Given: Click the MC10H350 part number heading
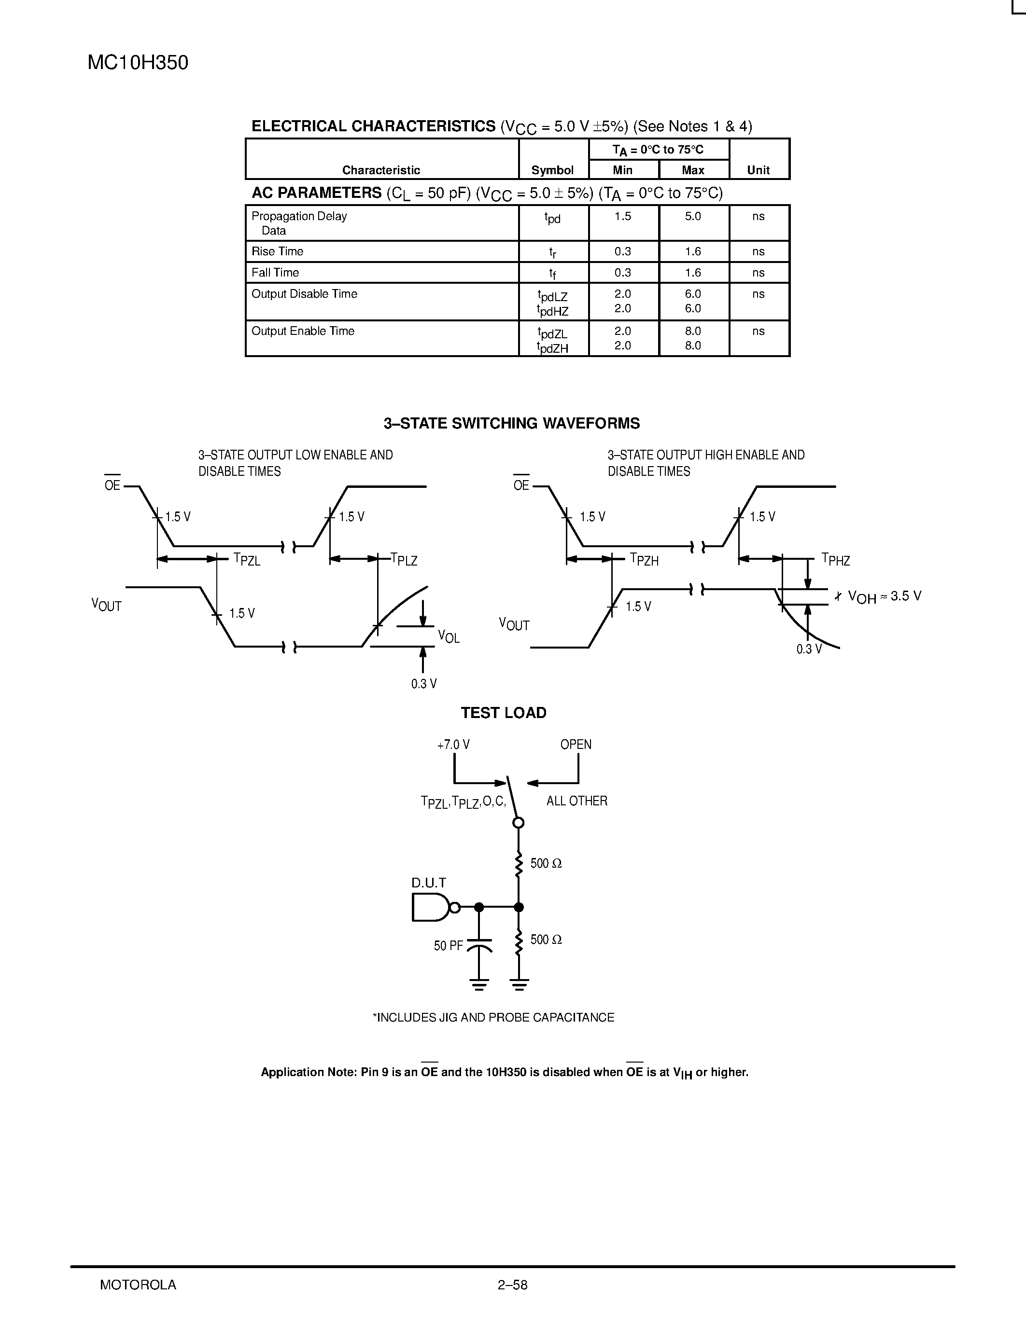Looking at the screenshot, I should click(138, 63).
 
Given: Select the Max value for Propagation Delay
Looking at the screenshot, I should click(693, 216).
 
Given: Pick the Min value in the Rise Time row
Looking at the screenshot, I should click(622, 251).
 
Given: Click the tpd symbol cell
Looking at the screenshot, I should click(552, 218).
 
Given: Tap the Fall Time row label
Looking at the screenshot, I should click(275, 273).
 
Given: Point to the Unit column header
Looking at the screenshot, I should click(758, 170).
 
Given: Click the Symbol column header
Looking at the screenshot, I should click(552, 170).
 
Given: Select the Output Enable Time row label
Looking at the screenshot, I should click(303, 331).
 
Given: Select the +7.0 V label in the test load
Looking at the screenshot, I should click(453, 744).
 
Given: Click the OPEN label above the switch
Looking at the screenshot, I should click(576, 744).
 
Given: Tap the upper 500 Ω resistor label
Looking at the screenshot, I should click(546, 863).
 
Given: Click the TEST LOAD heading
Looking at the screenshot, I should click(503, 713).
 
